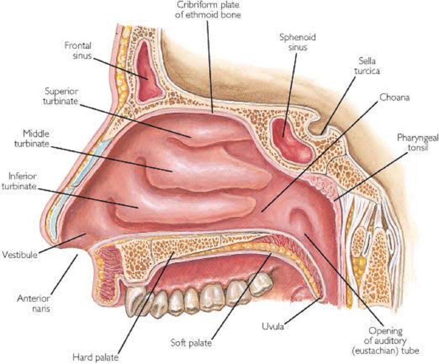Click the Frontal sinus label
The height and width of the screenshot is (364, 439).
(x=78, y=51)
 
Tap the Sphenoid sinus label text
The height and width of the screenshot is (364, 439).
(x=298, y=42)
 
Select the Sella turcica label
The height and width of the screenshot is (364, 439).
(x=367, y=66)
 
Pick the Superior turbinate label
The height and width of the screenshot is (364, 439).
(x=61, y=96)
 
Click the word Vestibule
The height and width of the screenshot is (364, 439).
(x=20, y=255)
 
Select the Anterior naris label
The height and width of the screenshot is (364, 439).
(x=33, y=304)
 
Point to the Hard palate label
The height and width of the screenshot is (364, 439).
(x=96, y=357)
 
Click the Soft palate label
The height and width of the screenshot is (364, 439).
(x=191, y=343)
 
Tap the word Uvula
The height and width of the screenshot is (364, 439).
(x=273, y=326)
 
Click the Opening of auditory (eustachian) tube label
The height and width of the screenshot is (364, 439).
(x=385, y=341)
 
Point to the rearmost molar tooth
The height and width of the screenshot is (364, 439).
(x=261, y=284)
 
